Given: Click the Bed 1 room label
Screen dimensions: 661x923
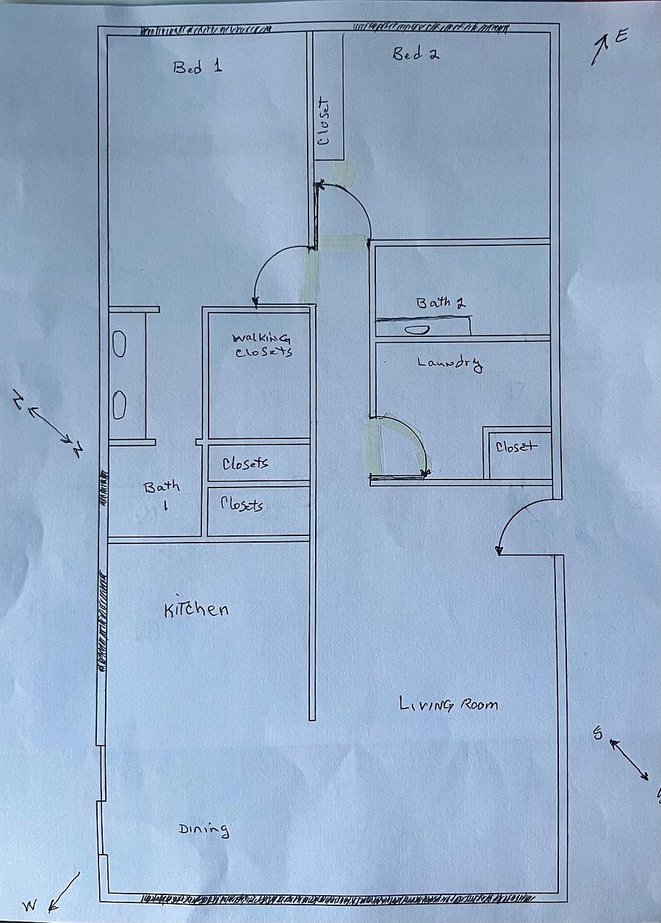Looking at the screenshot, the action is pyautogui.click(x=198, y=67).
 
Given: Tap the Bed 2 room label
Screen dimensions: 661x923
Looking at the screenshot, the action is pyautogui.click(x=416, y=54).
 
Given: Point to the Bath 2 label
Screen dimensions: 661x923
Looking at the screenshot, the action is pyautogui.click(x=441, y=303).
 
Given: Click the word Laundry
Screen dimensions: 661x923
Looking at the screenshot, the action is pyautogui.click(x=449, y=363).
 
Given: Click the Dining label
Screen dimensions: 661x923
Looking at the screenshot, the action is pyautogui.click(x=203, y=830).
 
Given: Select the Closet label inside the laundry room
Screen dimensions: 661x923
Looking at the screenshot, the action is pyautogui.click(x=516, y=446).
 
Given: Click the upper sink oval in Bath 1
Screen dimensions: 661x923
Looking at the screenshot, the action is pyautogui.click(x=120, y=344).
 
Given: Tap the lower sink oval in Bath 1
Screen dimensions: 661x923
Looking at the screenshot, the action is pyautogui.click(x=120, y=405).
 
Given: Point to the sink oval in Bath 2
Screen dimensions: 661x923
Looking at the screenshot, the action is pyautogui.click(x=417, y=329).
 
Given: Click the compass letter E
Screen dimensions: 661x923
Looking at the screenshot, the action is pyautogui.click(x=621, y=37).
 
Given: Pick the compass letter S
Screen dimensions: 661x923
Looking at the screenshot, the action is pyautogui.click(x=598, y=733).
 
